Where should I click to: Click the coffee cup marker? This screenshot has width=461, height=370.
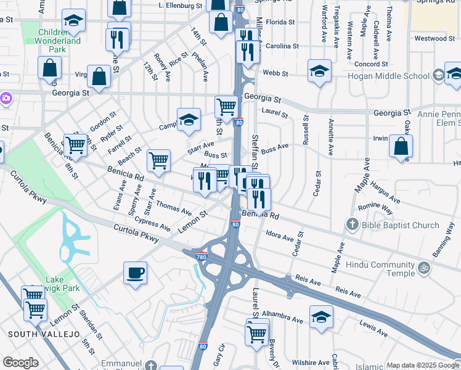pyautogui.click(x=135, y=273)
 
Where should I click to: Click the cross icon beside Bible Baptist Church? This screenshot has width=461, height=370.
pyautogui.click(x=352, y=225)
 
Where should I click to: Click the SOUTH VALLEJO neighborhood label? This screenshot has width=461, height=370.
pyautogui.click(x=44, y=334)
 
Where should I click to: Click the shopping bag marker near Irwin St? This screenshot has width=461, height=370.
pyautogui.click(x=401, y=147)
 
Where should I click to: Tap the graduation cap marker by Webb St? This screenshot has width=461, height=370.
pyautogui.click(x=319, y=72)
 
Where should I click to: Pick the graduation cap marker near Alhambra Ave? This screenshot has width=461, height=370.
pyautogui.click(x=321, y=317)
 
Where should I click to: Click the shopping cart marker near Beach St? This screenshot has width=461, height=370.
pyautogui.click(x=159, y=161)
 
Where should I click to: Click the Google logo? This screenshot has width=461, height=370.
pyautogui.click(x=20, y=363)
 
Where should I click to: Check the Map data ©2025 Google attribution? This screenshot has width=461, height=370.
pyautogui.click(x=422, y=365)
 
